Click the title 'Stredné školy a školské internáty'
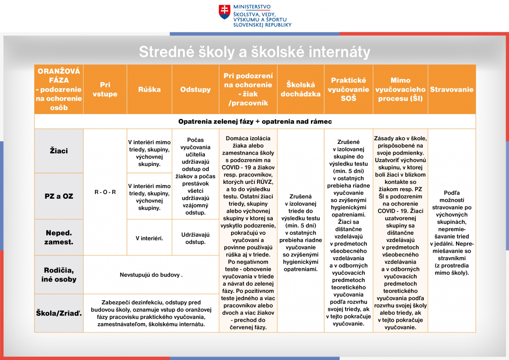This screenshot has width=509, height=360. tap(255, 52)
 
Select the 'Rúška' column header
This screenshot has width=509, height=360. tap(149, 90)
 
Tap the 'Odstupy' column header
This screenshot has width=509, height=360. tap(196, 90)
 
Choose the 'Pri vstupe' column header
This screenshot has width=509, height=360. tap(105, 90)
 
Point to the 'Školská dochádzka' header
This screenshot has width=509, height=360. tap(301, 90)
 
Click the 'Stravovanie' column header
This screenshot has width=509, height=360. tap(452, 90)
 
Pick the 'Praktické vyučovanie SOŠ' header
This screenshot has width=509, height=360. tap(348, 90)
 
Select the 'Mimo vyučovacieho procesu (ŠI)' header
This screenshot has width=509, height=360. tap(400, 90)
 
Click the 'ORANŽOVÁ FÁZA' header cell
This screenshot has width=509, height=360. tap(59, 90)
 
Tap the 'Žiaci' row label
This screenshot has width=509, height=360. tap(59, 151)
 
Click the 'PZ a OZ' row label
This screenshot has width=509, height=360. tap(59, 196)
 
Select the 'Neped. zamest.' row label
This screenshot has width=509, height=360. tap(59, 237)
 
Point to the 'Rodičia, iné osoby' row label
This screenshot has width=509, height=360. tap(59, 275)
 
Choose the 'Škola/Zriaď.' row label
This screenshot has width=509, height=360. tap(59, 313)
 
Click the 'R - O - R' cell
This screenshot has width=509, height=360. tap(105, 192)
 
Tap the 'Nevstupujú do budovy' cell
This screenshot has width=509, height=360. tap(151, 275)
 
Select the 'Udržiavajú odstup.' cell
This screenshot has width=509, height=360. tap(196, 238)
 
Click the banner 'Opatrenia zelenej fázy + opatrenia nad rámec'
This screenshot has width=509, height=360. tap(255, 121)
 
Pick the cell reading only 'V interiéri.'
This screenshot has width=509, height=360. tap(149, 238)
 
